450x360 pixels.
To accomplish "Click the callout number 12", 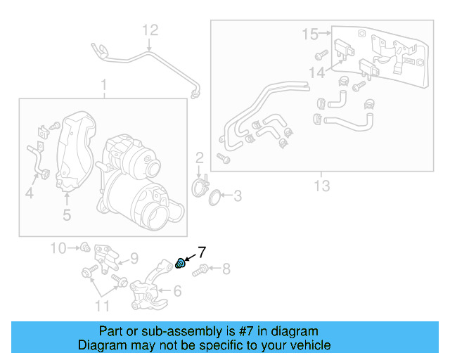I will pyautogui.click(x=151, y=30).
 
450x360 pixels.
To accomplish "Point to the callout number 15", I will pyautogui.click(x=310, y=33).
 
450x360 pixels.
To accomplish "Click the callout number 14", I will pyautogui.click(x=316, y=72).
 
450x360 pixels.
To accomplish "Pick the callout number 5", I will pyautogui.click(x=67, y=215).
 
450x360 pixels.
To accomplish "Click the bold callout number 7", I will pyautogui.click(x=201, y=251).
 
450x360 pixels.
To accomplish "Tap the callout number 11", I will pyautogui.click(x=103, y=305).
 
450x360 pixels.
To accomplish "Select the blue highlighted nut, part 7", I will pyautogui.click(x=180, y=264).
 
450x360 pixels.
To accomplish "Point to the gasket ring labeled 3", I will pyautogui.click(x=215, y=194).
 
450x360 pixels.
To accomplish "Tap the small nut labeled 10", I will pyautogui.click(x=84, y=247).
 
